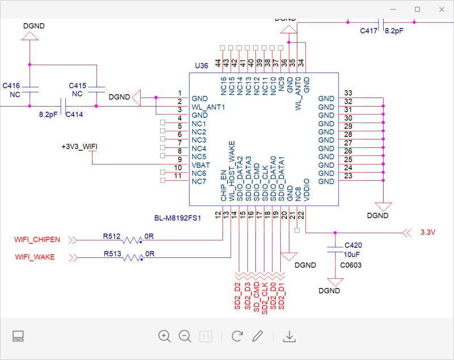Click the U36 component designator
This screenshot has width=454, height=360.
pyautogui.click(x=201, y=66)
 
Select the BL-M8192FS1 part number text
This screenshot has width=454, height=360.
pyautogui.click(x=178, y=218)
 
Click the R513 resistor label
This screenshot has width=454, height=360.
pyautogui.click(x=111, y=253)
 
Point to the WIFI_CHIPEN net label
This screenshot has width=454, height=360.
pyautogui.click(x=37, y=239)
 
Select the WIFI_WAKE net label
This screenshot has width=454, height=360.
pyautogui.click(x=35, y=257)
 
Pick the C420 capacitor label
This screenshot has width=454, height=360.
pyautogui.click(x=353, y=245)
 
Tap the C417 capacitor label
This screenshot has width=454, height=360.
pyautogui.click(x=369, y=32)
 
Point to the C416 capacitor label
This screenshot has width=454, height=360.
pyautogui.click(x=11, y=85)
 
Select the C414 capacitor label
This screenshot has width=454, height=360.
pyautogui.click(x=74, y=114)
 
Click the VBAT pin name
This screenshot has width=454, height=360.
pyautogui.click(x=201, y=165)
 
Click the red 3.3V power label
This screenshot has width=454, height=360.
pyautogui.click(x=428, y=232)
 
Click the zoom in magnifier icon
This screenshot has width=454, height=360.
pyautogui.click(x=165, y=336)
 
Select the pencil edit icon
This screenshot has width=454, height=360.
pyautogui.click(x=258, y=336)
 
